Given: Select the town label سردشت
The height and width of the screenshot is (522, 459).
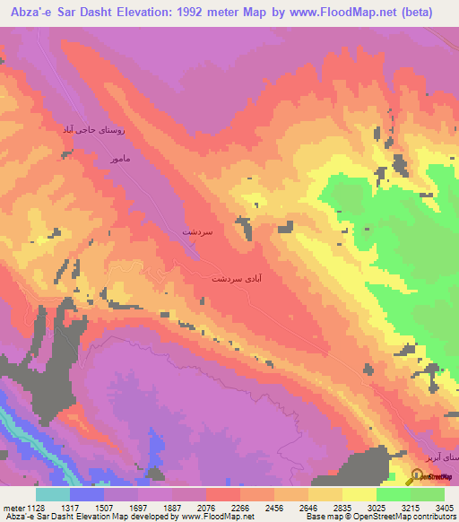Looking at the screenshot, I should (197, 231).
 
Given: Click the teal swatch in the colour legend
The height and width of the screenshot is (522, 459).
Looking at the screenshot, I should (53, 494).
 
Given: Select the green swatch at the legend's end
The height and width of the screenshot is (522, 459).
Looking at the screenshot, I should (428, 494).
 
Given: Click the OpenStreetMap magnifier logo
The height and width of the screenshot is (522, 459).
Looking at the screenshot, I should (418, 476).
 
